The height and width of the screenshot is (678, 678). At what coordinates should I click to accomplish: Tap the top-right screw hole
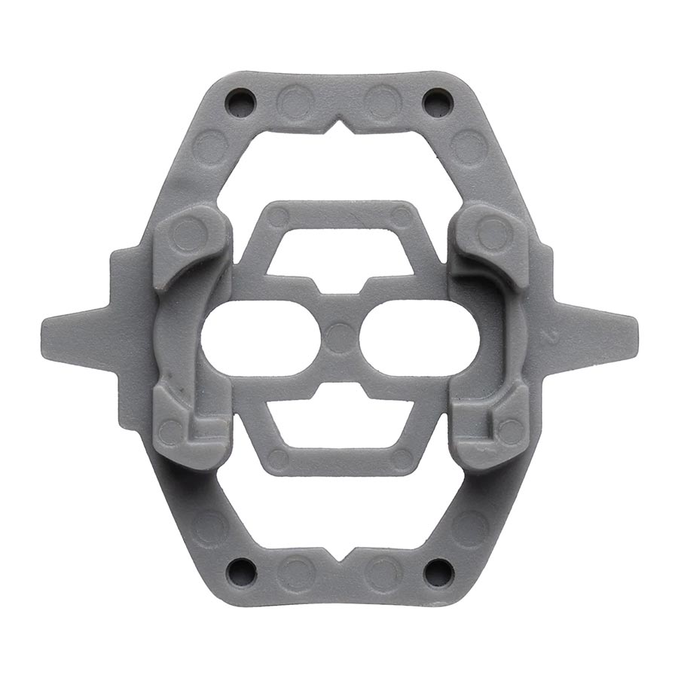436,100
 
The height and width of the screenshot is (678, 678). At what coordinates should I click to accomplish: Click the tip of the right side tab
633,329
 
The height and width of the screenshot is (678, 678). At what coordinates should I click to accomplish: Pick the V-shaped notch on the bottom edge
340,555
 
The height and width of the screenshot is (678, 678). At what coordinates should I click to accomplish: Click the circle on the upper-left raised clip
188,234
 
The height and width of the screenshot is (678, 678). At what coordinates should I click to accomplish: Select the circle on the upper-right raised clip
493,233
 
